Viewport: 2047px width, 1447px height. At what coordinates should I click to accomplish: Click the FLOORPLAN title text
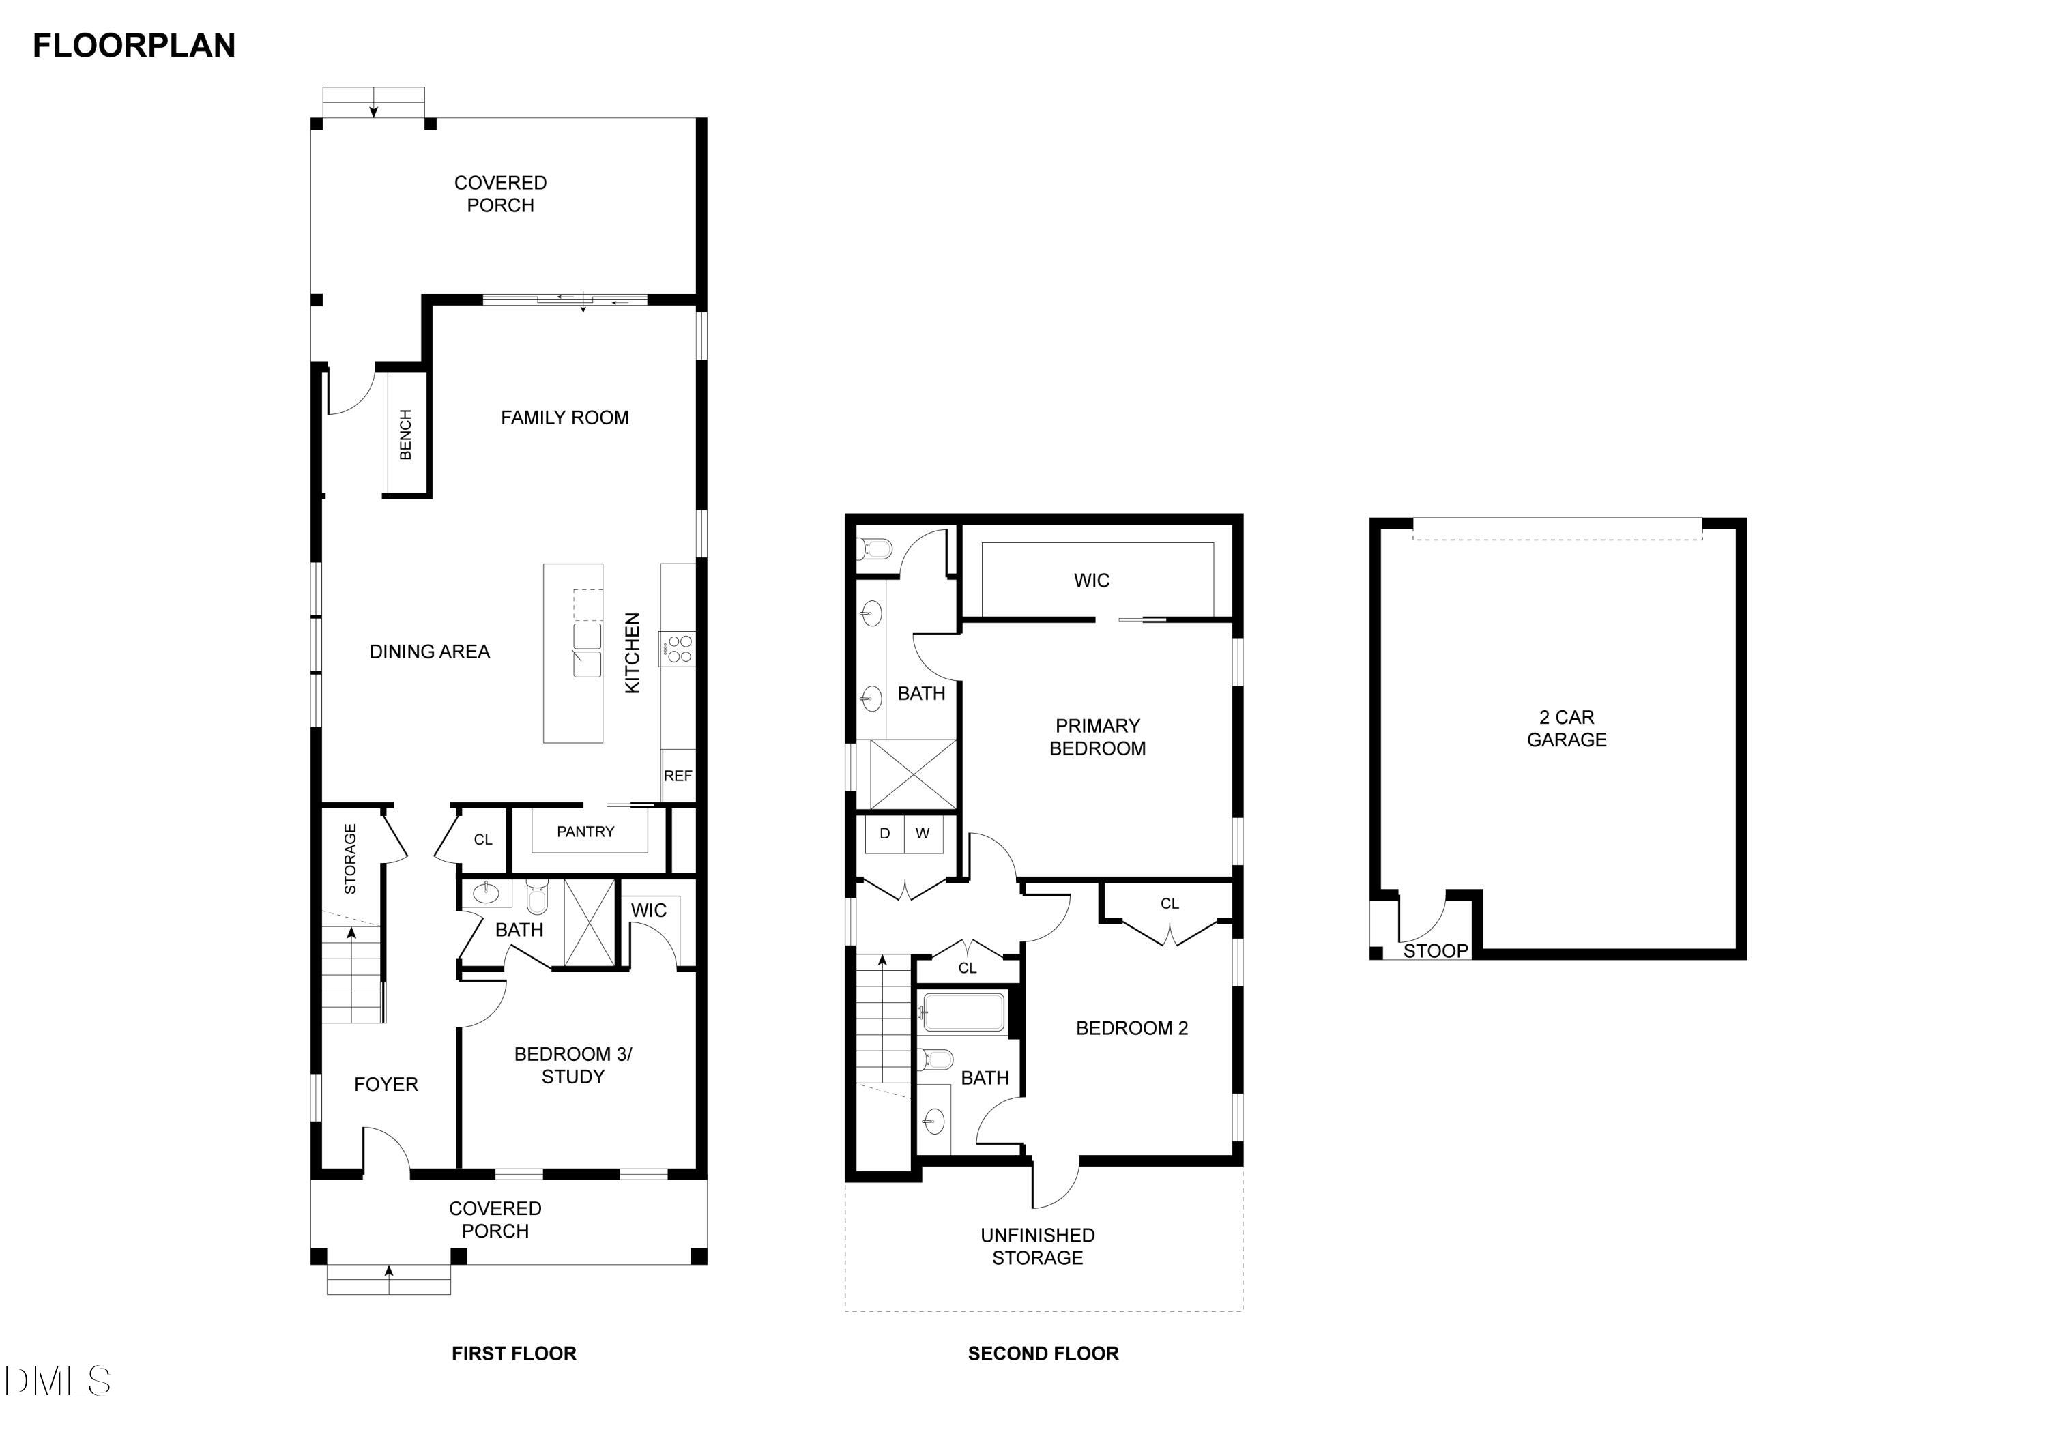[x=134, y=46]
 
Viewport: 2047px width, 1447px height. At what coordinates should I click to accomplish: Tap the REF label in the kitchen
[x=678, y=776]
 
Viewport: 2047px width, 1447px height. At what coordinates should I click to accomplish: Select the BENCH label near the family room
[x=406, y=435]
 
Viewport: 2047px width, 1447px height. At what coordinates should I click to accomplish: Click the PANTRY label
[x=585, y=832]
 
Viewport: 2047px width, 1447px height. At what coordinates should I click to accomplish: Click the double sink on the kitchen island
[x=587, y=650]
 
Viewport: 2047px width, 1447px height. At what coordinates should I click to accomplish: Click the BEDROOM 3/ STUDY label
[x=572, y=1066]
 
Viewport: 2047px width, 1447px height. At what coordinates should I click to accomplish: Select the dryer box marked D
[x=884, y=834]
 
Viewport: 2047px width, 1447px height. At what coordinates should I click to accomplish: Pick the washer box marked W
[x=923, y=834]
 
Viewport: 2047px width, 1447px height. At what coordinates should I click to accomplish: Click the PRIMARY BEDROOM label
[x=1097, y=737]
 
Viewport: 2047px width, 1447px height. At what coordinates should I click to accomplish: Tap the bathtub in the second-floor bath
[x=963, y=1012]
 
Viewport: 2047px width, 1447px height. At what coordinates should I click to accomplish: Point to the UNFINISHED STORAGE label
[x=1037, y=1246]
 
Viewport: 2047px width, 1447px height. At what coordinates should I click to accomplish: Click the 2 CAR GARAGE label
[x=1567, y=729]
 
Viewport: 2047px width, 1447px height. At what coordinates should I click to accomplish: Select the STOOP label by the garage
[x=1434, y=950]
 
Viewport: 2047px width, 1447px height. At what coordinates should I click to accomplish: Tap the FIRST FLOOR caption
[x=514, y=1354]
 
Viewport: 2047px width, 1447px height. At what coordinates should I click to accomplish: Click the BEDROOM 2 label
[x=1131, y=1028]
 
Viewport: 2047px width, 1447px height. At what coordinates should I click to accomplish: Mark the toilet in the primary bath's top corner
[x=875, y=549]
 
